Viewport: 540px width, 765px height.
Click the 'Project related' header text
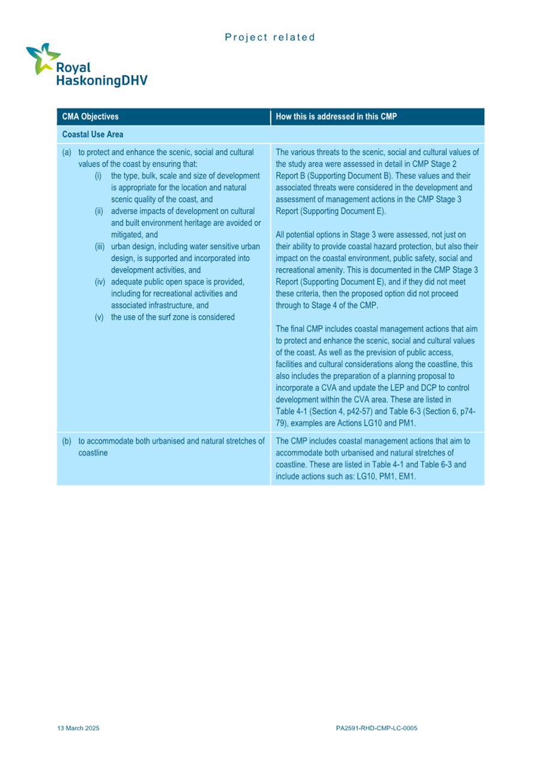point(270,37)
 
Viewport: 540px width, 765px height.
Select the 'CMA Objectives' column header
point(90,117)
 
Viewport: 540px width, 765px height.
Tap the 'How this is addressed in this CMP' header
point(336,117)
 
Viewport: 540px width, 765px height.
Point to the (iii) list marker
point(100,246)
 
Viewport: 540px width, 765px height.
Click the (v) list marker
point(100,317)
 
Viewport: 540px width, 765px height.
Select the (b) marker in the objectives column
point(67,440)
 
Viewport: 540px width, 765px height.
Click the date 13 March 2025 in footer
point(78,728)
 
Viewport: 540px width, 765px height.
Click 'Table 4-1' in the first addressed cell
point(291,411)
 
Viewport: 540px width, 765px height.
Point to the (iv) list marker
point(100,282)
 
